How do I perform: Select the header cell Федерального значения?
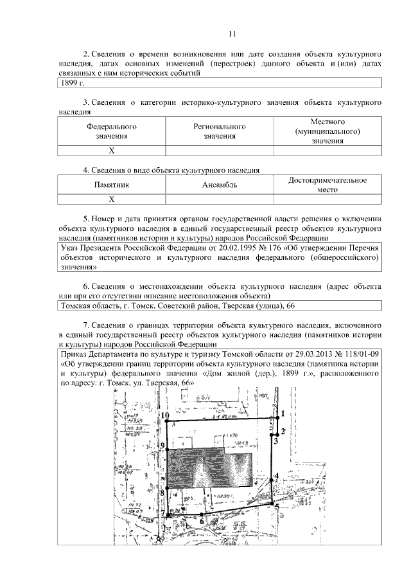(x=112, y=131)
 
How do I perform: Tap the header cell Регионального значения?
(x=220, y=131)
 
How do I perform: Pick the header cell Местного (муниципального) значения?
(x=328, y=131)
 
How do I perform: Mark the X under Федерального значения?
(x=112, y=151)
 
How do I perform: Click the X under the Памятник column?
(x=112, y=199)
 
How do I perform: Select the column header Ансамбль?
(x=220, y=185)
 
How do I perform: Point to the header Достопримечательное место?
(x=328, y=185)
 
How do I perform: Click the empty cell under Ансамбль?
(x=220, y=199)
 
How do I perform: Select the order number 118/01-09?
(x=360, y=354)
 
